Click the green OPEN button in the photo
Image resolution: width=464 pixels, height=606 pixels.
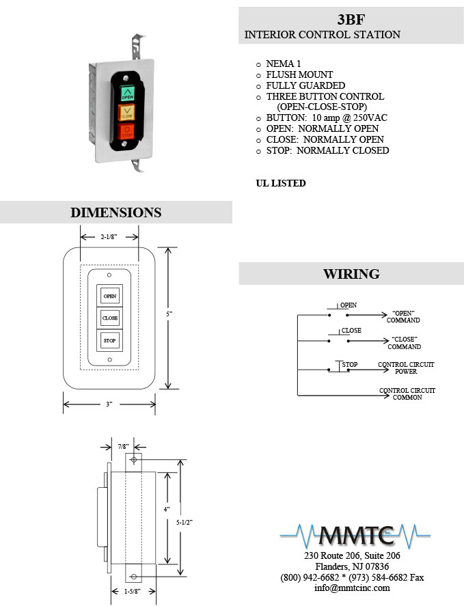[128, 93]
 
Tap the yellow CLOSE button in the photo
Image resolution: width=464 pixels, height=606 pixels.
[126, 112]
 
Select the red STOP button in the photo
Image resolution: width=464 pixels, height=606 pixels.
[126, 131]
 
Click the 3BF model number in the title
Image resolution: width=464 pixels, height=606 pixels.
[351, 19]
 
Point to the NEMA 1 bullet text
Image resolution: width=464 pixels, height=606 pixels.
[284, 64]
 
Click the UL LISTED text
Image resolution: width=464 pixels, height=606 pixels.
[281, 183]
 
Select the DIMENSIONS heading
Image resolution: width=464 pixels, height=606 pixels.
[116, 212]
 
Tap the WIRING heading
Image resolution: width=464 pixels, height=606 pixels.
[351, 274]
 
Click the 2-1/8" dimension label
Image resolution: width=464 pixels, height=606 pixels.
[109, 237]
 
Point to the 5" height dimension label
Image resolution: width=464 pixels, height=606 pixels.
[169, 314]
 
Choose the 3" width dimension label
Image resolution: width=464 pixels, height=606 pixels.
[109, 404]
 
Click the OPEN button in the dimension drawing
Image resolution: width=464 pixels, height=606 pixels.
[110, 296]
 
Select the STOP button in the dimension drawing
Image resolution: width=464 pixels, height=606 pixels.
[110, 340]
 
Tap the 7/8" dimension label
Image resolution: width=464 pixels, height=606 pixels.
[124, 447]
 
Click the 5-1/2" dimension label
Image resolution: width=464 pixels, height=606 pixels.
[185, 523]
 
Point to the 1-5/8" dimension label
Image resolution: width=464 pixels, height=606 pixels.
[133, 592]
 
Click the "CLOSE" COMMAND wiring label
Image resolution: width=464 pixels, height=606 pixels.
[404, 343]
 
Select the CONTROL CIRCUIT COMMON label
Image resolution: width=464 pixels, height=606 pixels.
[407, 394]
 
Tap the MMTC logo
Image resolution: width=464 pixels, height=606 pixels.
[355, 536]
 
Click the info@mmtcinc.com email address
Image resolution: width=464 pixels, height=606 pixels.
[352, 588]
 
